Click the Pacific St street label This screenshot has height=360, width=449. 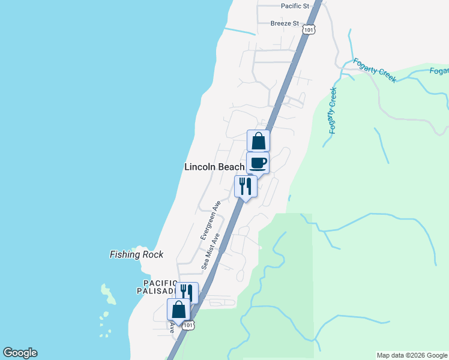295,6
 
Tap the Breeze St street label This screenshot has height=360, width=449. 285,23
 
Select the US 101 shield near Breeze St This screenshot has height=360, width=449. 309,29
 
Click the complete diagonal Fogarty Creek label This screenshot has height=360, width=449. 374,70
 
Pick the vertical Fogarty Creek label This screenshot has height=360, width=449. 333,110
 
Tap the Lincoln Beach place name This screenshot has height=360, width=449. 214,167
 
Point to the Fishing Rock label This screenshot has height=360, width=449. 136,254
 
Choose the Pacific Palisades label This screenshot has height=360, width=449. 161,287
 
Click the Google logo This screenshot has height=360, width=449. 20,353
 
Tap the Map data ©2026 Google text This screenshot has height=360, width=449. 412,355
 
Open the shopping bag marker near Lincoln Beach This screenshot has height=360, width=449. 258,142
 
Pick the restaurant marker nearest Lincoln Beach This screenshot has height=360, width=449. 246,186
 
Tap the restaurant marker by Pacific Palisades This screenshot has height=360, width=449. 187,293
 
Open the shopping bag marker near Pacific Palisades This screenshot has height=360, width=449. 178,310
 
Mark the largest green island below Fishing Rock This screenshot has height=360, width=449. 108,293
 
